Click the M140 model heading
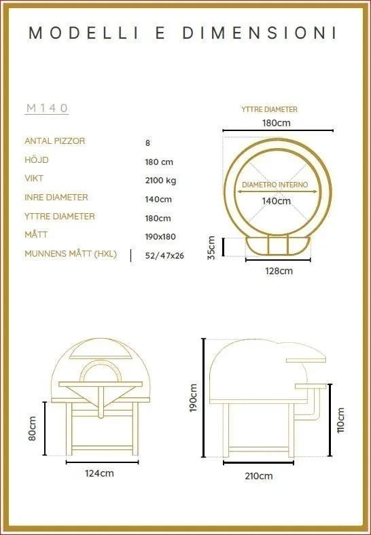pos(47,108)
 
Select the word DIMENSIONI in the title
pos(260,33)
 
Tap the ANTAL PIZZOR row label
pos(54,141)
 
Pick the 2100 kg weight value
pos(160,180)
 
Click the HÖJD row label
pos(37,160)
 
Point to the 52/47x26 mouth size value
pos(164,255)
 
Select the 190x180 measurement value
pos(160,236)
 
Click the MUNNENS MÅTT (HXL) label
pos(71,254)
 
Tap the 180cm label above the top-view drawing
pos(277,123)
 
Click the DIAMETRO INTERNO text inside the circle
pos(275,185)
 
